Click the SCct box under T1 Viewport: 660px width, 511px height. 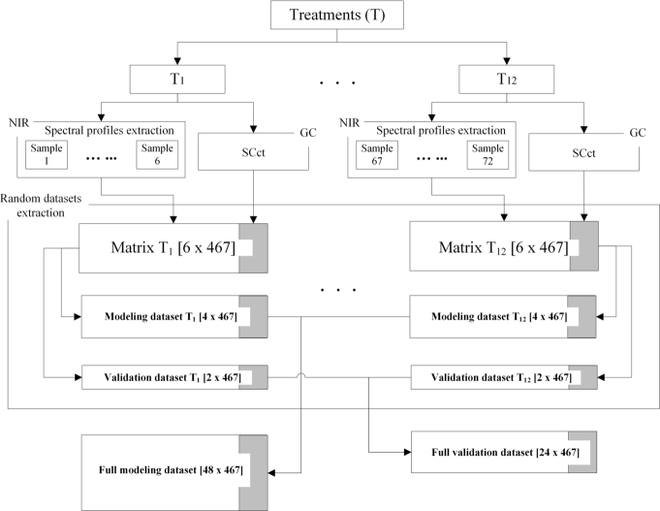coord(254,153)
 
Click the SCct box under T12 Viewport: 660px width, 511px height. coord(583,153)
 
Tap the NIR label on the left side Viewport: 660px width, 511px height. coord(16,124)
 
